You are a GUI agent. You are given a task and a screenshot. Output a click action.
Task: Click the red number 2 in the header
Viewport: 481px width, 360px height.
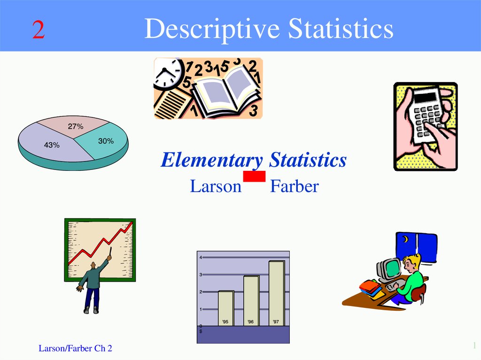click(39, 30)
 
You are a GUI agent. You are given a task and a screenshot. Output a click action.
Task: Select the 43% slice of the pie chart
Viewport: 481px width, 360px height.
click(49, 143)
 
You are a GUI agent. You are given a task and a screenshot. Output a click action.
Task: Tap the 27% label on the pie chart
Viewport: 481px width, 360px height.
click(75, 127)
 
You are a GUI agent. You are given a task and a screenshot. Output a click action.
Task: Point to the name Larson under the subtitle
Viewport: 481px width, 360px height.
click(215, 186)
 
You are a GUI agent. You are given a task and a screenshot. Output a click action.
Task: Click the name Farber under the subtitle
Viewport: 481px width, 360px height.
click(294, 186)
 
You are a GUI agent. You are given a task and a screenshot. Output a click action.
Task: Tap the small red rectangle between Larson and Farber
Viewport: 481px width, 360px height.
click(254, 176)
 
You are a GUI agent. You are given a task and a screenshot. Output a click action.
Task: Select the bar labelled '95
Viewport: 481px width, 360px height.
click(225, 308)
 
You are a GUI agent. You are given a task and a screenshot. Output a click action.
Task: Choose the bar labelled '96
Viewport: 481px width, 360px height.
click(251, 300)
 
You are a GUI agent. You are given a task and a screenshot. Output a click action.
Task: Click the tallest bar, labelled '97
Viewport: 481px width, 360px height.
click(276, 293)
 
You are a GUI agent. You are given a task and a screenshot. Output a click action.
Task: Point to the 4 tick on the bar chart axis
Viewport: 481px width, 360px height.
click(200, 258)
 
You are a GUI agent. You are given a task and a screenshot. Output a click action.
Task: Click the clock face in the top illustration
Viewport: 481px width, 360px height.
click(166, 72)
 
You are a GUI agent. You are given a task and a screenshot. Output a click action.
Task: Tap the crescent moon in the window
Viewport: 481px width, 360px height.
click(404, 239)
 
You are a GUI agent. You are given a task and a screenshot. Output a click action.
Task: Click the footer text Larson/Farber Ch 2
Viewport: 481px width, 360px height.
click(75, 348)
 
